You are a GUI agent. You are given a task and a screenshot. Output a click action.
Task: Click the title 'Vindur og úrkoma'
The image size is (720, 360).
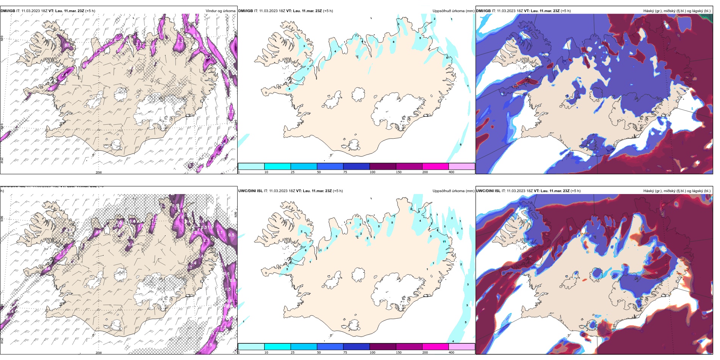click(220, 11)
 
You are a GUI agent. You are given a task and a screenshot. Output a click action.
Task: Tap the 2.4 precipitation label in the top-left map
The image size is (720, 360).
click(65, 75)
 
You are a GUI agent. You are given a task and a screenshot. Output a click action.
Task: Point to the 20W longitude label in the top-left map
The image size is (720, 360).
click(99, 172)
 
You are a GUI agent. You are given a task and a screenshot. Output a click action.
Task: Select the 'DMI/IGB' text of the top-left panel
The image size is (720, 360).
click(8, 11)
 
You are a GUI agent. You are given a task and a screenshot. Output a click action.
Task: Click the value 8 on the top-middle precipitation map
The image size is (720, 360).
click(394, 42)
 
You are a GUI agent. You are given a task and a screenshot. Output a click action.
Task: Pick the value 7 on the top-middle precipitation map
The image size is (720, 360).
click(308, 69)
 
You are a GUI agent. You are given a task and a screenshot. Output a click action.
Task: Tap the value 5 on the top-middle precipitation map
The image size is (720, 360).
click(420, 38)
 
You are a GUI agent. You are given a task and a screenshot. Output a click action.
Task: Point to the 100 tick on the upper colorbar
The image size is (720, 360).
click(373, 172)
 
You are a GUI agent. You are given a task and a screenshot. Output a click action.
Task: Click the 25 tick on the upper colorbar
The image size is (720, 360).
click(293, 172)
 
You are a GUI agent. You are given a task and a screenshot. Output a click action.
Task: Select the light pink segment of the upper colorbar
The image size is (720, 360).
click(462, 166)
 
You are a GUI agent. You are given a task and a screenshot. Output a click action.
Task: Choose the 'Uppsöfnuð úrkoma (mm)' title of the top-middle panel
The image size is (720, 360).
click(453, 11)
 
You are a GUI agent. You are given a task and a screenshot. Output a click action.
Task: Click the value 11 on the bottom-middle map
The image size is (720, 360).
click(444, 241)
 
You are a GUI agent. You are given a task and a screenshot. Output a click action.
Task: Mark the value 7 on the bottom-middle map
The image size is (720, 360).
click(394, 216)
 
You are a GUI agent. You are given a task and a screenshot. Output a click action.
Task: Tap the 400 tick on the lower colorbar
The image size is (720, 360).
click(451, 352)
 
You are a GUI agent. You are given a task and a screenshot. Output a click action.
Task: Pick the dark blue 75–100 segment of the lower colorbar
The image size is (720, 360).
click(356, 347)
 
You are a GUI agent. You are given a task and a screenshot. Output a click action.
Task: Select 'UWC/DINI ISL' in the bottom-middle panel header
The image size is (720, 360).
click(250, 191)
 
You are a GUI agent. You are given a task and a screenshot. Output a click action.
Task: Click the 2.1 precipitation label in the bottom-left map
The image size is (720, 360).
click(207, 240)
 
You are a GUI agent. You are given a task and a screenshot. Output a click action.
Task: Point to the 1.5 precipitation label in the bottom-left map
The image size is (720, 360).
click(209, 345)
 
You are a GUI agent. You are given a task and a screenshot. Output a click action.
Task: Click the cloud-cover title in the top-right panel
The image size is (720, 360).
click(677, 11)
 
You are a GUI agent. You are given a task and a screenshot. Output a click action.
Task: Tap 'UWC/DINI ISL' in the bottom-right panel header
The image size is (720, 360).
click(488, 191)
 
